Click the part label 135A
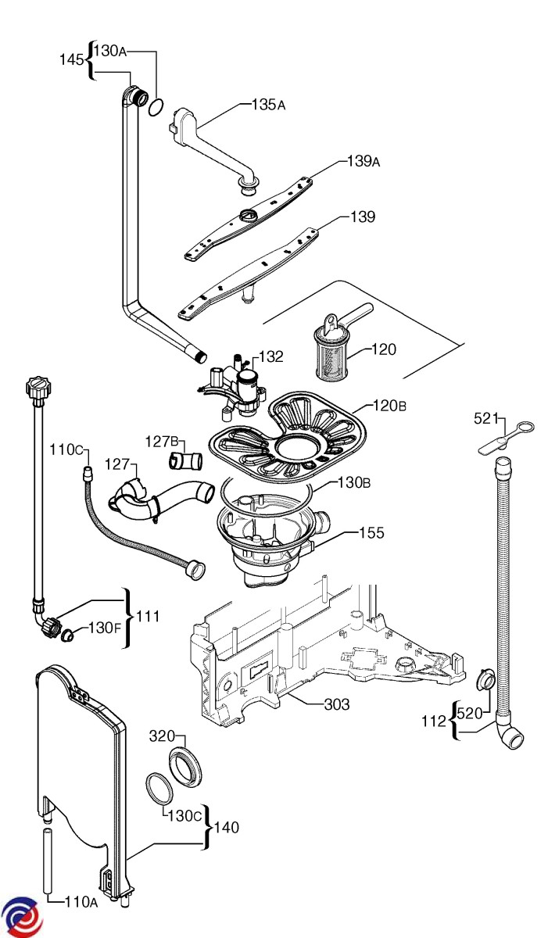[x=268, y=104]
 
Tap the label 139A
[x=364, y=162]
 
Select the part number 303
[x=337, y=704]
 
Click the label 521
[x=486, y=418]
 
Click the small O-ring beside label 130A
[x=156, y=106]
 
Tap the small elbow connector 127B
[x=181, y=460]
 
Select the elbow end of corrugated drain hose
[x=510, y=736]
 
